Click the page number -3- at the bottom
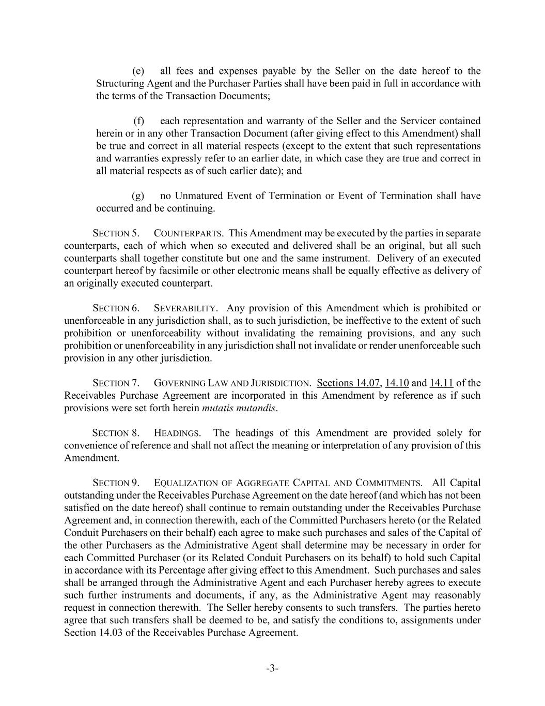click(272, 668)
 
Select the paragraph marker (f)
click(138, 121)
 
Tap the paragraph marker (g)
click(138, 196)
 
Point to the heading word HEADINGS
click(177, 433)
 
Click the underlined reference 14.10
click(397, 383)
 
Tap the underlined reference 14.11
click(441, 383)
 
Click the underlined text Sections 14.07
click(349, 383)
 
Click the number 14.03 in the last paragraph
click(110, 633)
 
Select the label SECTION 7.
click(116, 383)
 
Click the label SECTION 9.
click(116, 483)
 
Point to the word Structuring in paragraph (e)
click(120, 83)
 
